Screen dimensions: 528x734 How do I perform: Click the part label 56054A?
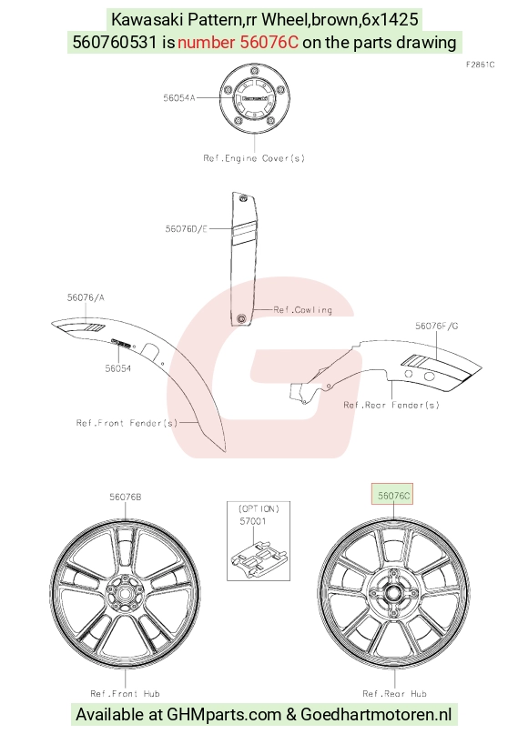pos(179,98)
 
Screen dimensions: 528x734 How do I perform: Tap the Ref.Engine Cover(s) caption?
pos(254,158)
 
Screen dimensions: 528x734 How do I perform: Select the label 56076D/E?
pos(186,229)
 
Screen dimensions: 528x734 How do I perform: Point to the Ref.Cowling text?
pos(302,310)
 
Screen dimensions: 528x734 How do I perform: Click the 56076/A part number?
pos(86,297)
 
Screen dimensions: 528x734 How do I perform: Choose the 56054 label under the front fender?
pos(118,368)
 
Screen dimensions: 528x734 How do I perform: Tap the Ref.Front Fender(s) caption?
pos(127,423)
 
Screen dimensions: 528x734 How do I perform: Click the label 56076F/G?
pos(437,326)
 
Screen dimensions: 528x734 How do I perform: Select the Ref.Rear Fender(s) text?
pos(391,405)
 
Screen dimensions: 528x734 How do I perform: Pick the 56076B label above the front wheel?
pos(125,498)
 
